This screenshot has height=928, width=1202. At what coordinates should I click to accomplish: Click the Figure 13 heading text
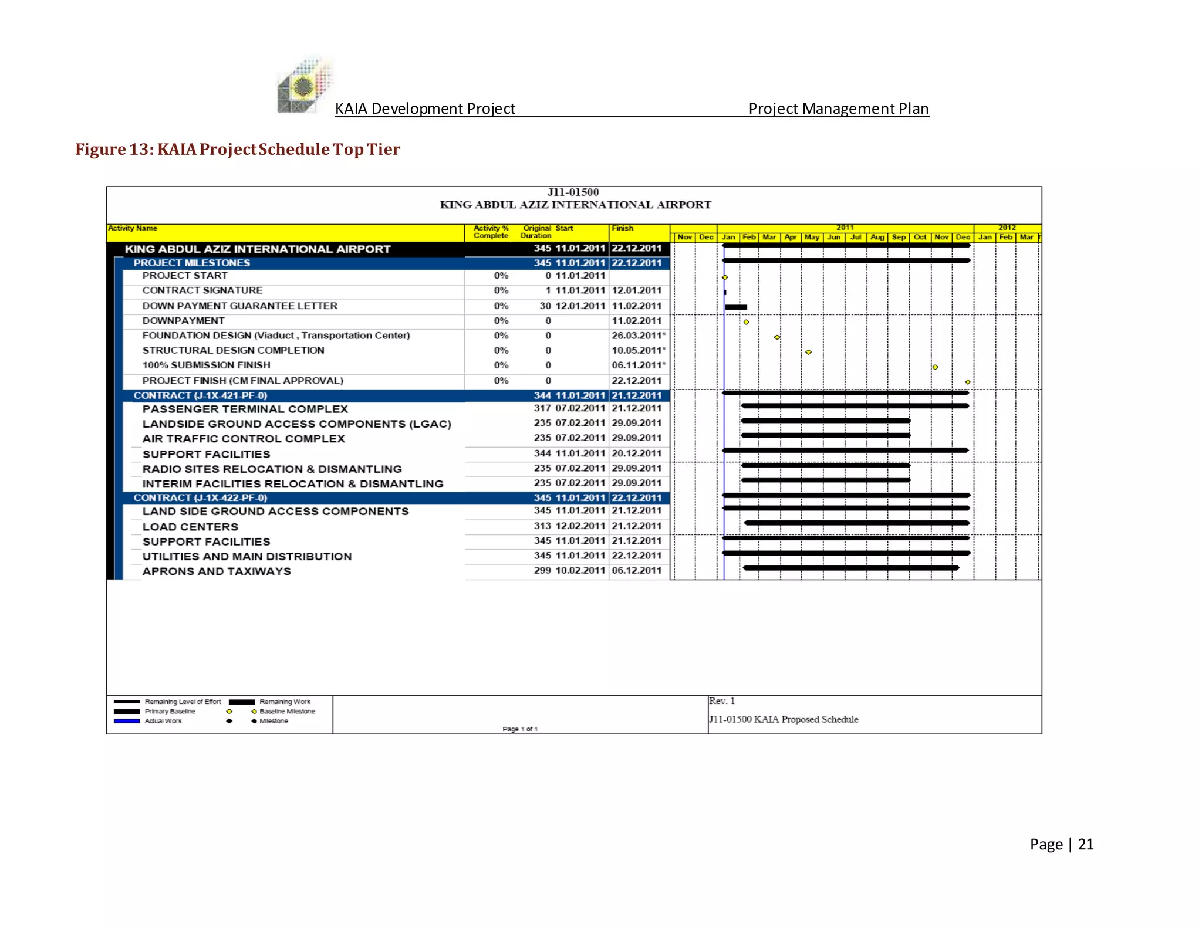pos(238,150)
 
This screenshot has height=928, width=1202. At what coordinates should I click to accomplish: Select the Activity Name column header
pos(133,228)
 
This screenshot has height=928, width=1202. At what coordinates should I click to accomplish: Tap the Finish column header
pos(622,228)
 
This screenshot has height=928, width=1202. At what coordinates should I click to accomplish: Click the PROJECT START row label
pos(185,276)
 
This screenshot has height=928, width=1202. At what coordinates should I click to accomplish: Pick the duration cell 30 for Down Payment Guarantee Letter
pos(545,306)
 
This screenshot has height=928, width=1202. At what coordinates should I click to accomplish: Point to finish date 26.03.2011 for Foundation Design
pos(637,336)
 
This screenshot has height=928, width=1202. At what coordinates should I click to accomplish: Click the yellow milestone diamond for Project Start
pos(725,277)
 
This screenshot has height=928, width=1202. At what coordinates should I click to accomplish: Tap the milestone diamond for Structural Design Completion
pos(809,352)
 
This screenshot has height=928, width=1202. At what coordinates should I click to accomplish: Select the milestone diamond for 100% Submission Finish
pos(936,367)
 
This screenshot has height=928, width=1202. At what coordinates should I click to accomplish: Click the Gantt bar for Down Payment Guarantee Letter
pos(736,307)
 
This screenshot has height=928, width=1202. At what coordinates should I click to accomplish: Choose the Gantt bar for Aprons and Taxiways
pos(851,568)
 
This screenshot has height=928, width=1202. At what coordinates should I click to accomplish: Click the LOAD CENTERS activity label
pos(190,527)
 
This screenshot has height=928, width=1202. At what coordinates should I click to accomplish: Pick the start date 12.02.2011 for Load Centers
pos(580,526)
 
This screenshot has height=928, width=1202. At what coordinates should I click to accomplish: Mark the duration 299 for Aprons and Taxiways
pos(542,570)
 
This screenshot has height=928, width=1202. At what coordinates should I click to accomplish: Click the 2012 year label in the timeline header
pos(1007,227)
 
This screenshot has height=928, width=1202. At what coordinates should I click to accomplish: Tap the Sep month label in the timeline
pos(899,237)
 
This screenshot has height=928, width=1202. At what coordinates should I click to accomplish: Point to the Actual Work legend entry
pos(163,721)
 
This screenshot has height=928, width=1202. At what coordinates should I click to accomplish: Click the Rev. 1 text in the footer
pos(722,701)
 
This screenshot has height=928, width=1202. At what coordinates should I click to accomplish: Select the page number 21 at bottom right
pos(1085,844)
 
